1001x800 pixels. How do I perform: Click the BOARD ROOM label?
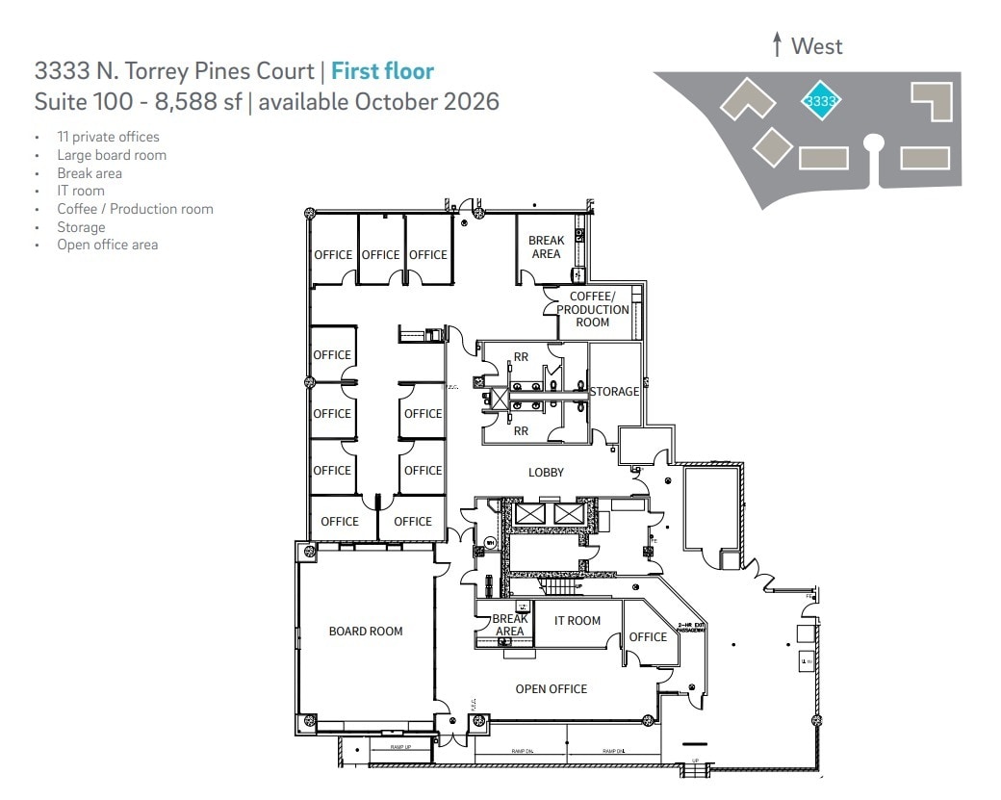(x=366, y=632)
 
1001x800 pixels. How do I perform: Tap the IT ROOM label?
(x=577, y=621)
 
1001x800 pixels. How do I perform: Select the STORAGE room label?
(x=614, y=392)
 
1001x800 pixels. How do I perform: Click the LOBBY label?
(x=546, y=473)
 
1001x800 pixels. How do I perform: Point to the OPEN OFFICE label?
(x=551, y=689)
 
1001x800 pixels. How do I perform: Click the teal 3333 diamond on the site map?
(x=821, y=100)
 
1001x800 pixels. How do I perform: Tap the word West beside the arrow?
(x=816, y=45)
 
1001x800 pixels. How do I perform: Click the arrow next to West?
(x=777, y=44)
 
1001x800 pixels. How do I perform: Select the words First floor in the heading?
(x=382, y=70)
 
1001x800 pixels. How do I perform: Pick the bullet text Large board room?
(x=112, y=155)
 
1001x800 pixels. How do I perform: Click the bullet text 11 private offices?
(x=108, y=137)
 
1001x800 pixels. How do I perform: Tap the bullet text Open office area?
(x=108, y=245)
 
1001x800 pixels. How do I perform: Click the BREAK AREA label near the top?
(x=546, y=247)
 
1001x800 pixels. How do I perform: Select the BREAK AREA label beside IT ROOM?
(x=509, y=626)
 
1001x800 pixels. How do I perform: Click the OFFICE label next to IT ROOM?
(x=648, y=637)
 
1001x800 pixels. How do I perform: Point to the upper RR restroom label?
(x=521, y=357)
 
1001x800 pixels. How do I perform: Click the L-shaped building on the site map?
(x=932, y=100)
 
